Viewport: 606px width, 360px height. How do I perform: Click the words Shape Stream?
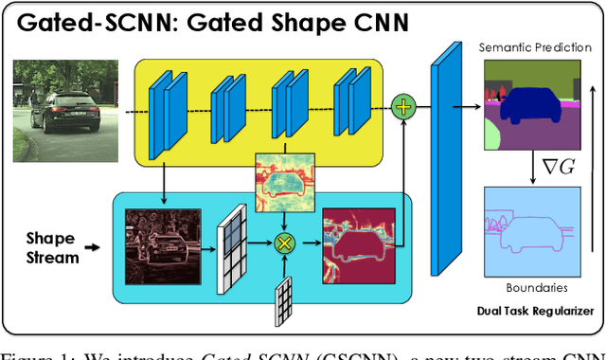click(52, 247)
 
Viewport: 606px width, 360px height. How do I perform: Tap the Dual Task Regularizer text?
click(535, 311)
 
